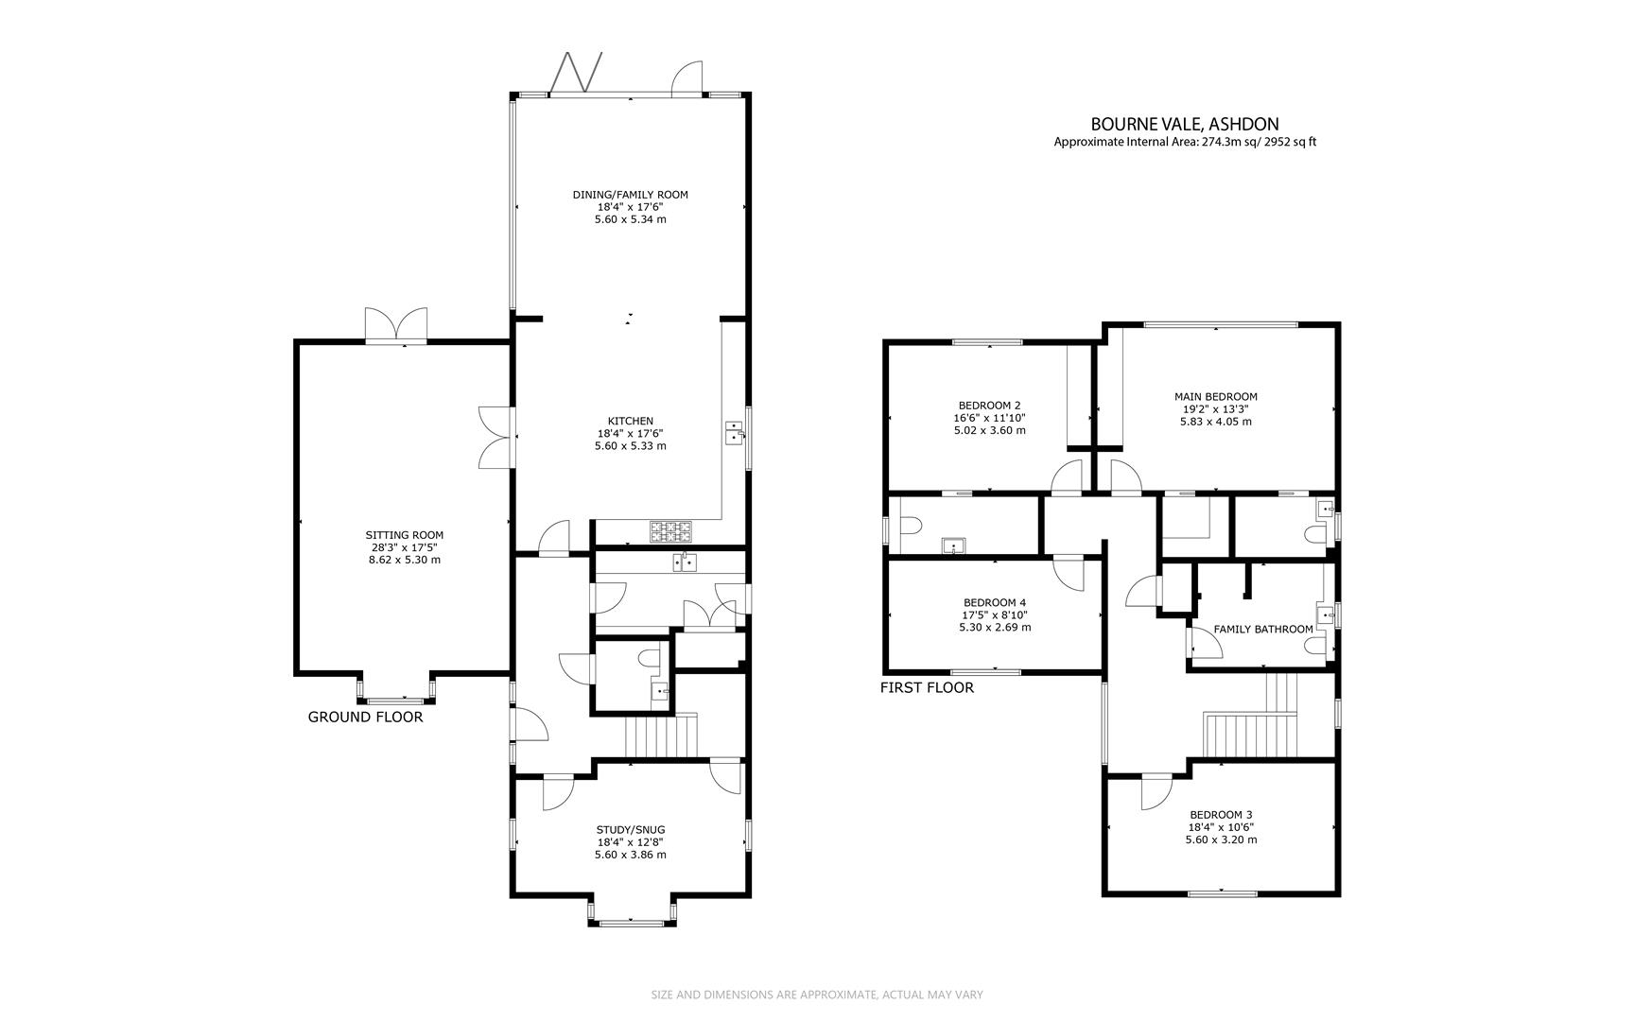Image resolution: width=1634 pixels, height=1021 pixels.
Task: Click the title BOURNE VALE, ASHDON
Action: pyautogui.click(x=1184, y=124)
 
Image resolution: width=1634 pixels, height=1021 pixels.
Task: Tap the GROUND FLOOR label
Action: pyautogui.click(x=365, y=717)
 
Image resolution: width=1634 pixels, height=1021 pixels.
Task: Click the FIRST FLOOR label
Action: pyautogui.click(x=926, y=687)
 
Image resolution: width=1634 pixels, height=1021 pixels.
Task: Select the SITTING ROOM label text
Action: pyautogui.click(x=404, y=535)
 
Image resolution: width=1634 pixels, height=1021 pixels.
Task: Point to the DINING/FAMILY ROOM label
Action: pyautogui.click(x=630, y=195)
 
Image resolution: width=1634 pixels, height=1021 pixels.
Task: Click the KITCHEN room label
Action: pyautogui.click(x=630, y=421)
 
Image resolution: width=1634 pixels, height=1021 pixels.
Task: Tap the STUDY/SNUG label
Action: pyautogui.click(x=630, y=830)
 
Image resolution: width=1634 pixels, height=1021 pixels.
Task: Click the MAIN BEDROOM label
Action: pyautogui.click(x=1215, y=397)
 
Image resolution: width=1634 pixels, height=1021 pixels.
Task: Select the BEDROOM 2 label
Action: pyautogui.click(x=989, y=405)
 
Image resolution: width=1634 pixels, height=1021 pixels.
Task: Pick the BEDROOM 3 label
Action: pyautogui.click(x=1221, y=815)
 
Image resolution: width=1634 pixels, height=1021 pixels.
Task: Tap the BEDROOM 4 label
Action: pyautogui.click(x=994, y=602)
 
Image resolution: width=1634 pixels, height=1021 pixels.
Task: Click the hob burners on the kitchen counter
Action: pyautogui.click(x=670, y=531)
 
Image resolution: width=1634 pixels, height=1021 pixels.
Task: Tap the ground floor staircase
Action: pyautogui.click(x=661, y=736)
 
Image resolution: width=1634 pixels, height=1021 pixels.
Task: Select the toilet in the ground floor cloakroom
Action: pyautogui.click(x=650, y=657)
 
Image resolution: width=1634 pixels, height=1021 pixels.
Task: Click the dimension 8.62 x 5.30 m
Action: pyautogui.click(x=404, y=560)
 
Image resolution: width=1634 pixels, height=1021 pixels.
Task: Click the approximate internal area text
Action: pyautogui.click(x=1184, y=143)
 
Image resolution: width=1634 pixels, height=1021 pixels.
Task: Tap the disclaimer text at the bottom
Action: pyautogui.click(x=817, y=995)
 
